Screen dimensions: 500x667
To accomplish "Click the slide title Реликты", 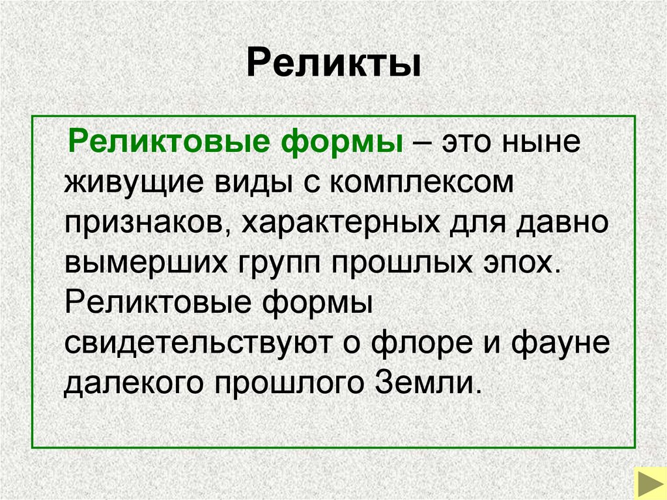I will pos(333,66).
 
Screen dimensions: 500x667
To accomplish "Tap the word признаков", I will pos(144,224).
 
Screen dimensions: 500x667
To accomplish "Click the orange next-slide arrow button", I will pos(649,483).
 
